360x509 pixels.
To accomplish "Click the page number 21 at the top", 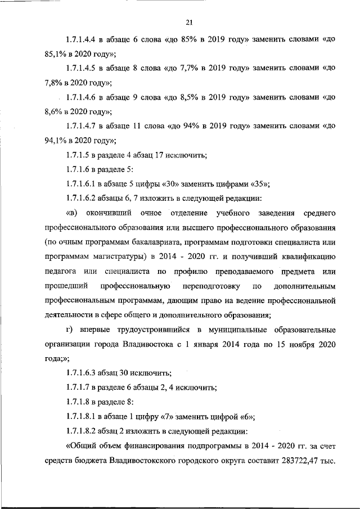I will [189, 22].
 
